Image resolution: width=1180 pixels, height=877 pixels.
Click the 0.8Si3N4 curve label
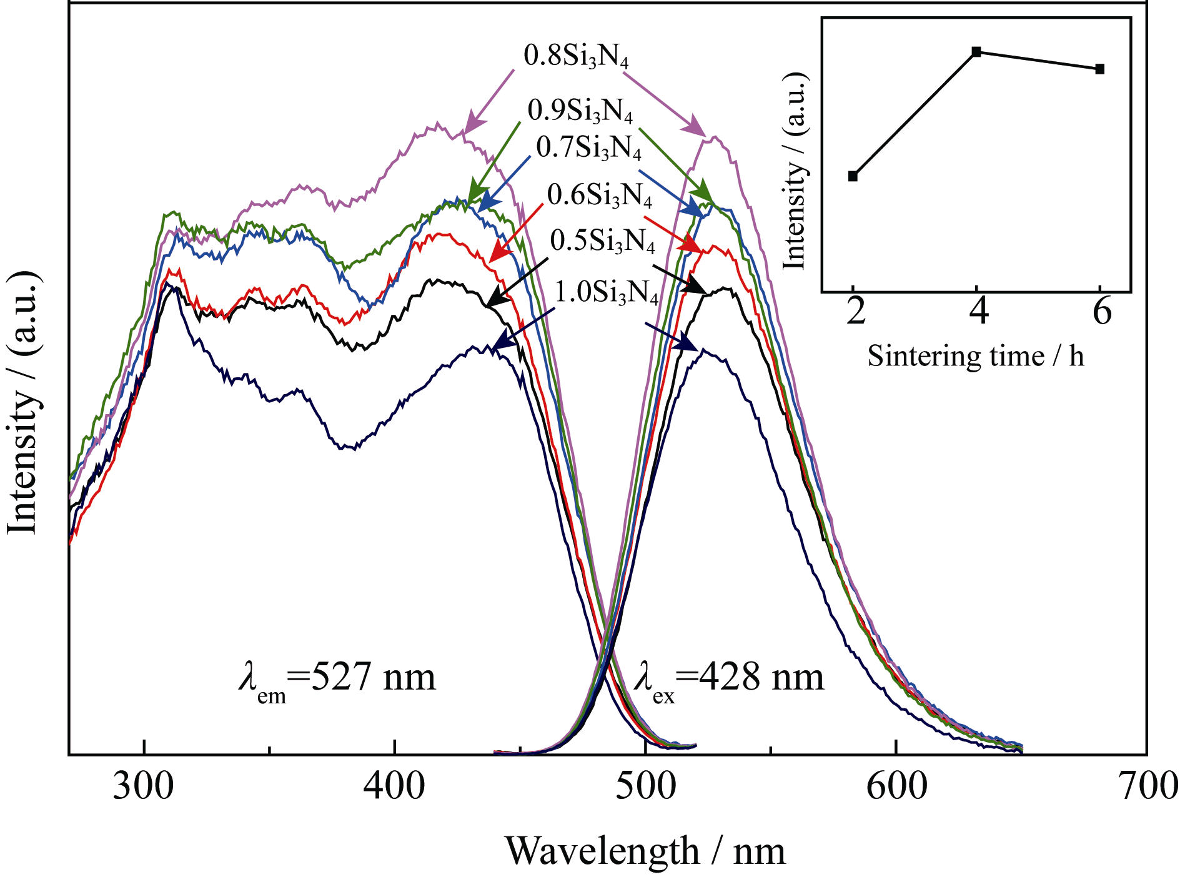click(x=576, y=56)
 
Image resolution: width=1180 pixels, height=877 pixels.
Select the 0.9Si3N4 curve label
click(x=580, y=111)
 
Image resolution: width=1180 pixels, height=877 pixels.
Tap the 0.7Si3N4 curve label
click(x=588, y=147)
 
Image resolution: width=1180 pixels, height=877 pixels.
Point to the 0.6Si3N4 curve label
click(x=600, y=196)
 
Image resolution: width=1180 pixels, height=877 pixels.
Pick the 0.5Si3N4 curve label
click(x=603, y=241)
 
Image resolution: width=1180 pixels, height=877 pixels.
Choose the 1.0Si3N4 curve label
click(x=607, y=292)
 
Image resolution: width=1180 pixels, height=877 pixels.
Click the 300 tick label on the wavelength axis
click(x=143, y=786)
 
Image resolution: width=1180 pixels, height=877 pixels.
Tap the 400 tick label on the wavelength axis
click(x=395, y=786)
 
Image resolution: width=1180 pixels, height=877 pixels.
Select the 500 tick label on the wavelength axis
click(x=646, y=786)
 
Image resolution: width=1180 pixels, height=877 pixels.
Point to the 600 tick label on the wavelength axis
click(x=897, y=786)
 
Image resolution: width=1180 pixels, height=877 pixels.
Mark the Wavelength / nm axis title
click(x=645, y=851)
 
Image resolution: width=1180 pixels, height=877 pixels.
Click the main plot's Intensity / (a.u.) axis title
click(x=24, y=403)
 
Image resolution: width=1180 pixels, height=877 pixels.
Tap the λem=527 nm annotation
click(x=337, y=679)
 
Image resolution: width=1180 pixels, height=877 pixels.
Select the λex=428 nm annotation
click(x=729, y=679)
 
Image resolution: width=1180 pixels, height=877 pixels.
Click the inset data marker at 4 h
click(x=976, y=51)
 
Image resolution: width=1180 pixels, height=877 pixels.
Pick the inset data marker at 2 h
click(x=853, y=176)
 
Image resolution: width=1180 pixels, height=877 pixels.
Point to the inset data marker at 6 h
click(x=1100, y=69)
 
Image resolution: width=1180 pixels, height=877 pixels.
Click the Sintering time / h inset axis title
click(x=976, y=357)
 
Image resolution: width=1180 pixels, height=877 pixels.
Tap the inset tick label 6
click(x=1103, y=310)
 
